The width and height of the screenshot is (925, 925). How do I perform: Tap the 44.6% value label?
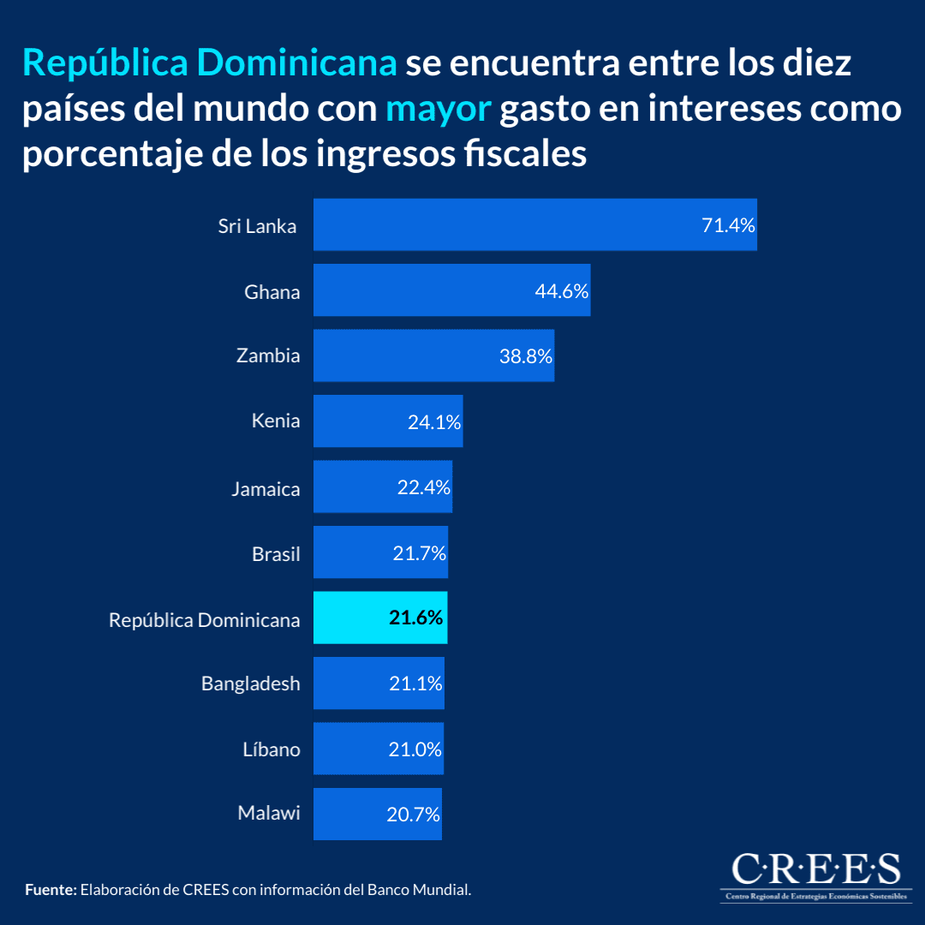point(561,291)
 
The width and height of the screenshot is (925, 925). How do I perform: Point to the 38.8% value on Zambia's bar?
point(526,356)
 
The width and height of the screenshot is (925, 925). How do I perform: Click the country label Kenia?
point(276,421)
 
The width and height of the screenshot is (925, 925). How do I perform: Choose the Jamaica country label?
point(266,489)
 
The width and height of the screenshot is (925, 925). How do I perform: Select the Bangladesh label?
point(251,683)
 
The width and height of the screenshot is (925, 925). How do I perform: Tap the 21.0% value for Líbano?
point(414,749)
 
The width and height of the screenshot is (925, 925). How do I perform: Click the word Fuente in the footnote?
point(51,890)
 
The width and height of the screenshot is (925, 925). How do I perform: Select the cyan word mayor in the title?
point(438,109)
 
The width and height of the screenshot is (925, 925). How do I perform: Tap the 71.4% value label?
point(728,226)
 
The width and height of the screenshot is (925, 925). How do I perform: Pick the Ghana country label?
point(272,292)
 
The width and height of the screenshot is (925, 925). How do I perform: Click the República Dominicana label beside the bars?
point(204,620)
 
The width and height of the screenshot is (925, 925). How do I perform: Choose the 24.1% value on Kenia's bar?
point(434,422)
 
